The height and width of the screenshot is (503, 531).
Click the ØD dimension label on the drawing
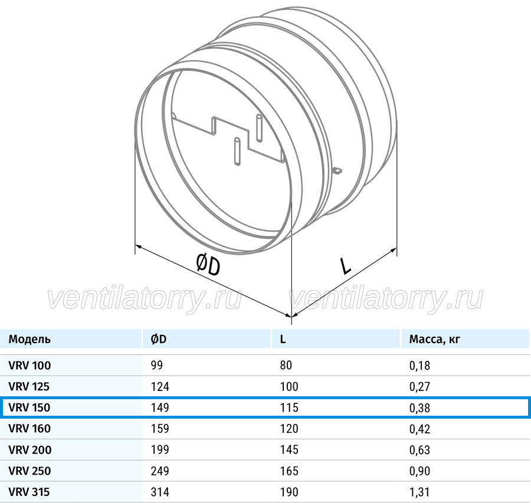pos(208,264)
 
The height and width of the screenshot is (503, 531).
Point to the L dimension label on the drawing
pos(345,266)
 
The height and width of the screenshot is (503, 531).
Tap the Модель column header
pos(29,339)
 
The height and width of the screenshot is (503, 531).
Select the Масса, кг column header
pos(434,339)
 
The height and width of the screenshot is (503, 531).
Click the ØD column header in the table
pos(159,339)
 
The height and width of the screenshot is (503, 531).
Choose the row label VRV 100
pos(29,366)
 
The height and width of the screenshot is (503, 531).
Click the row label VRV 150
pos(29,407)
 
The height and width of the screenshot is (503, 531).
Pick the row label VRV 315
pos(29,491)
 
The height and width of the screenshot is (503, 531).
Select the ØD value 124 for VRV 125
pos(160,387)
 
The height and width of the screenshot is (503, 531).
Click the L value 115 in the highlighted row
pos(289,407)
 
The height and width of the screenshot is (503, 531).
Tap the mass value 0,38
pos(419,408)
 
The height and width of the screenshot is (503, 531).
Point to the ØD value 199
pos(160,449)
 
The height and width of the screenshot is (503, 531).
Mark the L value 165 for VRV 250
pos(289,471)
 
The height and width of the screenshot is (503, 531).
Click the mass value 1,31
pos(419,492)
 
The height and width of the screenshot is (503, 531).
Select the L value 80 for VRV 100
pos(286,366)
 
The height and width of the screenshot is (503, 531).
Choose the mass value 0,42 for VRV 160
pos(419,429)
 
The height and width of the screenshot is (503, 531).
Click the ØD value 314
pos(160,491)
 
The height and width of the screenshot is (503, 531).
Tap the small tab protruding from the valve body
pos(337,172)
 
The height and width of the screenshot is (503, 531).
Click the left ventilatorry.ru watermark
pos(145,300)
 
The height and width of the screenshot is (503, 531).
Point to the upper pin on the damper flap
pos(259,128)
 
